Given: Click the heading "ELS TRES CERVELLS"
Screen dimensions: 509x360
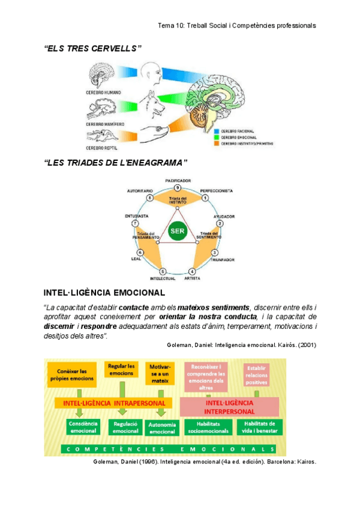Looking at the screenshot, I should point(93,47).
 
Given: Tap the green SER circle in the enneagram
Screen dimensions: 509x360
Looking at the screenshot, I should point(177,231).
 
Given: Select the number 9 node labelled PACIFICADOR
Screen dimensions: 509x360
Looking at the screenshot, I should point(178,188).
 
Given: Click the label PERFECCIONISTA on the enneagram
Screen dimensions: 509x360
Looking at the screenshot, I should point(216,191).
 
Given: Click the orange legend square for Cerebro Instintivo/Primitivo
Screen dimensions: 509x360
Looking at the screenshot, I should point(217,143).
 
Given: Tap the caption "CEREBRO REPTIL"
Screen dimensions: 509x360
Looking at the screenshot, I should point(101,148).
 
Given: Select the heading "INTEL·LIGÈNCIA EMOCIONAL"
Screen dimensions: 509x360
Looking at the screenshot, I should point(105,293).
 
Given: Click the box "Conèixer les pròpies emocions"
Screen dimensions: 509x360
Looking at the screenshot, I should point(71,375).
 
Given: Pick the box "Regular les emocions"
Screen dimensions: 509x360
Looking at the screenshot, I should point(121,370).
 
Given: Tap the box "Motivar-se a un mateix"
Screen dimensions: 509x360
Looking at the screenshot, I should point(158,373).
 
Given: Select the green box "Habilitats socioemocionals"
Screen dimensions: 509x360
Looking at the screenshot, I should point(208,427).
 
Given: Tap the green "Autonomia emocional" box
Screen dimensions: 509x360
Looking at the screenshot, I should point(162,428).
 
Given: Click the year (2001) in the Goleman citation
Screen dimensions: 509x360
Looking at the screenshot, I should point(304,345).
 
